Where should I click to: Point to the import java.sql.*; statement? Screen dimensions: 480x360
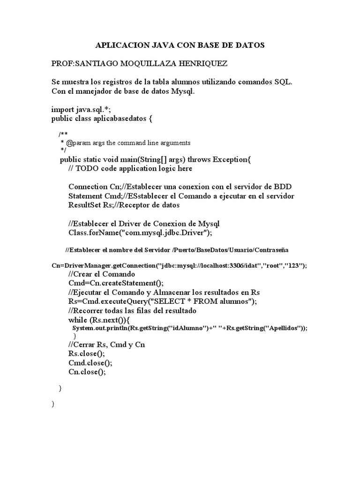tap(81, 109)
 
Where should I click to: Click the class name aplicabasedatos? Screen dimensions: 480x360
tap(119, 118)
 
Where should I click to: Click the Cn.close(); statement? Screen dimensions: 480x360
tap(87, 372)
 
